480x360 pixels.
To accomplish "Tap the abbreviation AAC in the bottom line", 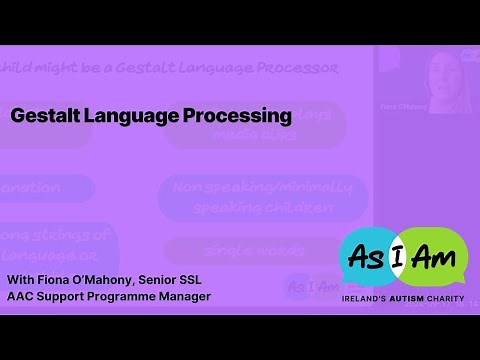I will pyautogui.click(x=22, y=296).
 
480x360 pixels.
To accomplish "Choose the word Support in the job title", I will pyautogui.click(x=65, y=296).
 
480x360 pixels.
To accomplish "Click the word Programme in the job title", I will pyautogui.click(x=126, y=296).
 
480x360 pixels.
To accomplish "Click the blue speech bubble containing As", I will pyautogui.click(x=367, y=254).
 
